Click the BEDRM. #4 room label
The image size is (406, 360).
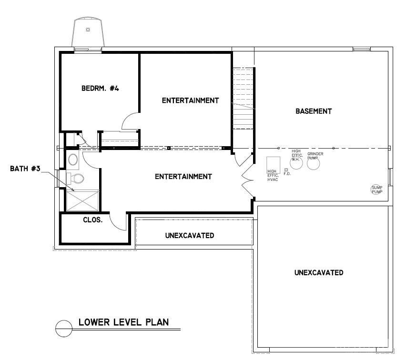pyautogui.click(x=100, y=88)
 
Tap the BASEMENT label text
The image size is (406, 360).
pyautogui.click(x=313, y=111)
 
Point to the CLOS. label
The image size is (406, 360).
pyautogui.click(x=93, y=220)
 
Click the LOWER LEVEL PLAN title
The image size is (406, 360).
pyautogui.click(x=123, y=322)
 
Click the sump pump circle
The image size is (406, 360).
pyautogui.click(x=376, y=190)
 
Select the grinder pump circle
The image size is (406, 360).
pyautogui.click(x=313, y=163)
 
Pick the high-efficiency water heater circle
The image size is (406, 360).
pyautogui.click(x=296, y=162)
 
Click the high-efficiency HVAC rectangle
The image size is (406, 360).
pyautogui.click(x=273, y=163)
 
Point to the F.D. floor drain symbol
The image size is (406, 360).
pyautogui.click(x=286, y=170)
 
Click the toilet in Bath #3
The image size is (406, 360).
pyautogui.click(x=77, y=179)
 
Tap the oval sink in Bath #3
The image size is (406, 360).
pyautogui.click(x=73, y=159)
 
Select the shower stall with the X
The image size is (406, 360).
pyautogui.click(x=82, y=200)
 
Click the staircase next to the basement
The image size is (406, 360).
pyautogui.click(x=244, y=98)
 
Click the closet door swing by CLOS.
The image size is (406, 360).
pyautogui.click(x=117, y=221)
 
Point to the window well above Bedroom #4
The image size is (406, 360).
pyautogui.click(x=89, y=32)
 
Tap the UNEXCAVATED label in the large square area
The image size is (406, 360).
pyautogui.click(x=318, y=273)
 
